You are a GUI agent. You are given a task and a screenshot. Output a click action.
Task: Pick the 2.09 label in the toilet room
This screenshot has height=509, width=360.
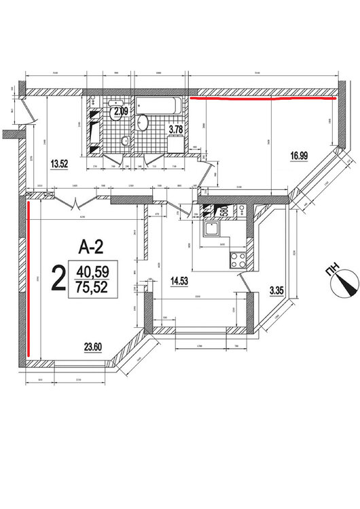coord(121,111)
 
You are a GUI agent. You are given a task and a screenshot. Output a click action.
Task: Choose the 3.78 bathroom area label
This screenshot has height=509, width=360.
coord(176,129)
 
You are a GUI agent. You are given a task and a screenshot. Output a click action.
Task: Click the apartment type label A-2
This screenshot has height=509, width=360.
coord(90,246)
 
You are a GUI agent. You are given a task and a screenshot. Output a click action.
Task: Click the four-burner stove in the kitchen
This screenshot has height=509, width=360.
coord(238,259)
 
